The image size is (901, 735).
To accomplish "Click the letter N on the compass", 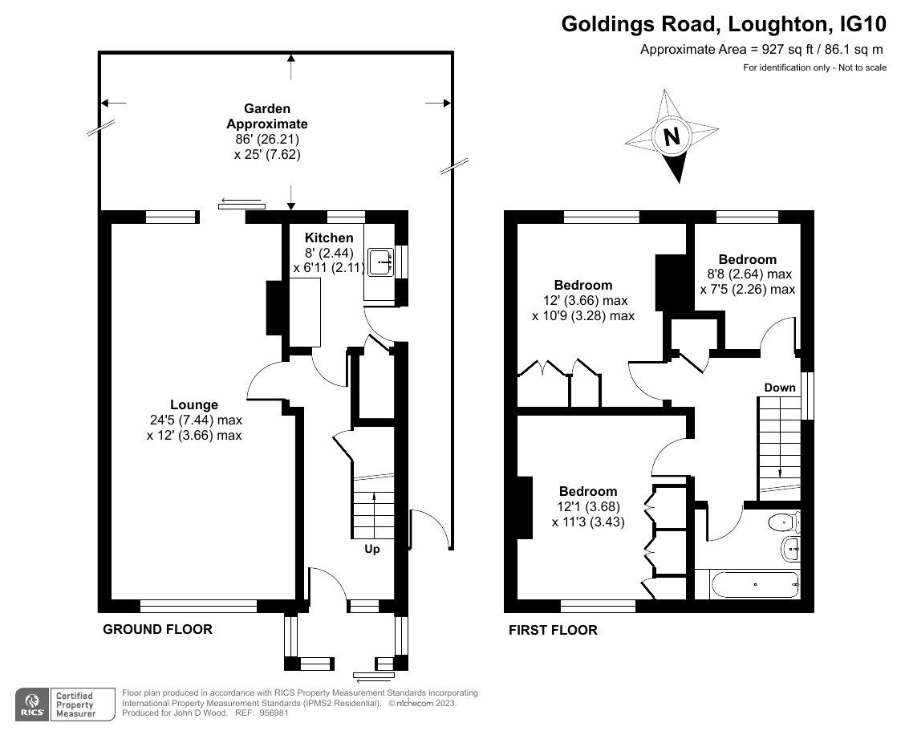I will click(x=672, y=136).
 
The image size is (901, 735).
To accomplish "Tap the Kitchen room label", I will click(x=329, y=238).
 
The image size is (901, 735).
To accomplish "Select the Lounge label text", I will click(x=193, y=404).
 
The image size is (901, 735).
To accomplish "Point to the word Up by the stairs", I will click(x=372, y=550).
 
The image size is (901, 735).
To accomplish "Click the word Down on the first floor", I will click(x=779, y=388).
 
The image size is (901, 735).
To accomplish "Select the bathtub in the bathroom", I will click(x=747, y=584).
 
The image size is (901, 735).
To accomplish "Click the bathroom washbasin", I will click(x=789, y=550).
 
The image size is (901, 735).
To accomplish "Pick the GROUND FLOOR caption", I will click(x=157, y=629).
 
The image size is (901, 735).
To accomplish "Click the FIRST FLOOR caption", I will click(x=553, y=630).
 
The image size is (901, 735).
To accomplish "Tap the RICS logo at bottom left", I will click(x=33, y=704).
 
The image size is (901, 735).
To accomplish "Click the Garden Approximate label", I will click(x=267, y=116).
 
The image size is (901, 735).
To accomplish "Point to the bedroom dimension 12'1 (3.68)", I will click(x=588, y=506).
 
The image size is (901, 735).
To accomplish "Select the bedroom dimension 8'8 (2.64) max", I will click(x=747, y=274).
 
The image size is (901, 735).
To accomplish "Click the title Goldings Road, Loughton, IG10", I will click(x=723, y=24).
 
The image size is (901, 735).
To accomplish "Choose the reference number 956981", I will click(x=272, y=713).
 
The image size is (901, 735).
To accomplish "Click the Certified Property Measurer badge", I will click(x=74, y=704).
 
